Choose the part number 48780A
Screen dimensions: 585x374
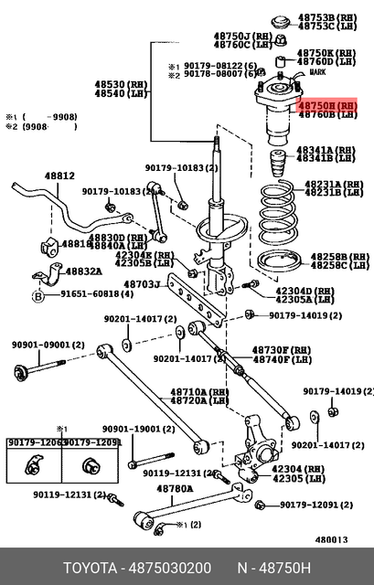[x=174, y=489]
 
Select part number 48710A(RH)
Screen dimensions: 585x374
[x=198, y=391]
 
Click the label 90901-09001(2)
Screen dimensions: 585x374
[x=48, y=345]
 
